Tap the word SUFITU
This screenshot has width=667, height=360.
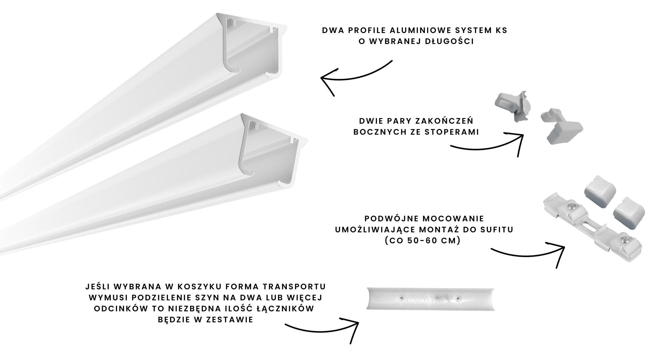493,230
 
